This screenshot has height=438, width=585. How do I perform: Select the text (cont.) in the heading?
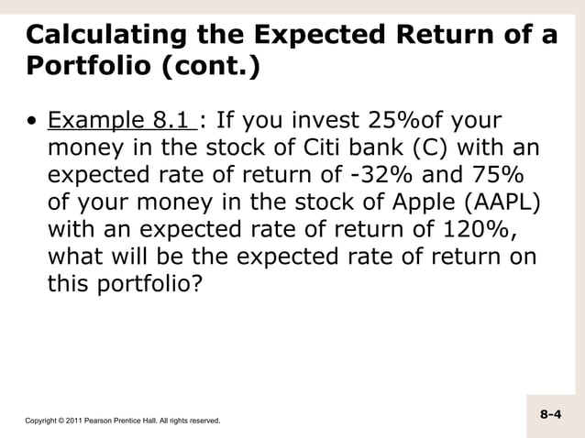coord(208,69)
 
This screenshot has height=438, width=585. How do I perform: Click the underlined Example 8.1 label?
coord(120,122)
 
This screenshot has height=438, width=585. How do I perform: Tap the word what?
coord(76,257)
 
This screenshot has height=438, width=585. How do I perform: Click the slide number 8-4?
coord(550,414)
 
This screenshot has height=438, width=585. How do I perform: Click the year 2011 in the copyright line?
coord(70,421)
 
